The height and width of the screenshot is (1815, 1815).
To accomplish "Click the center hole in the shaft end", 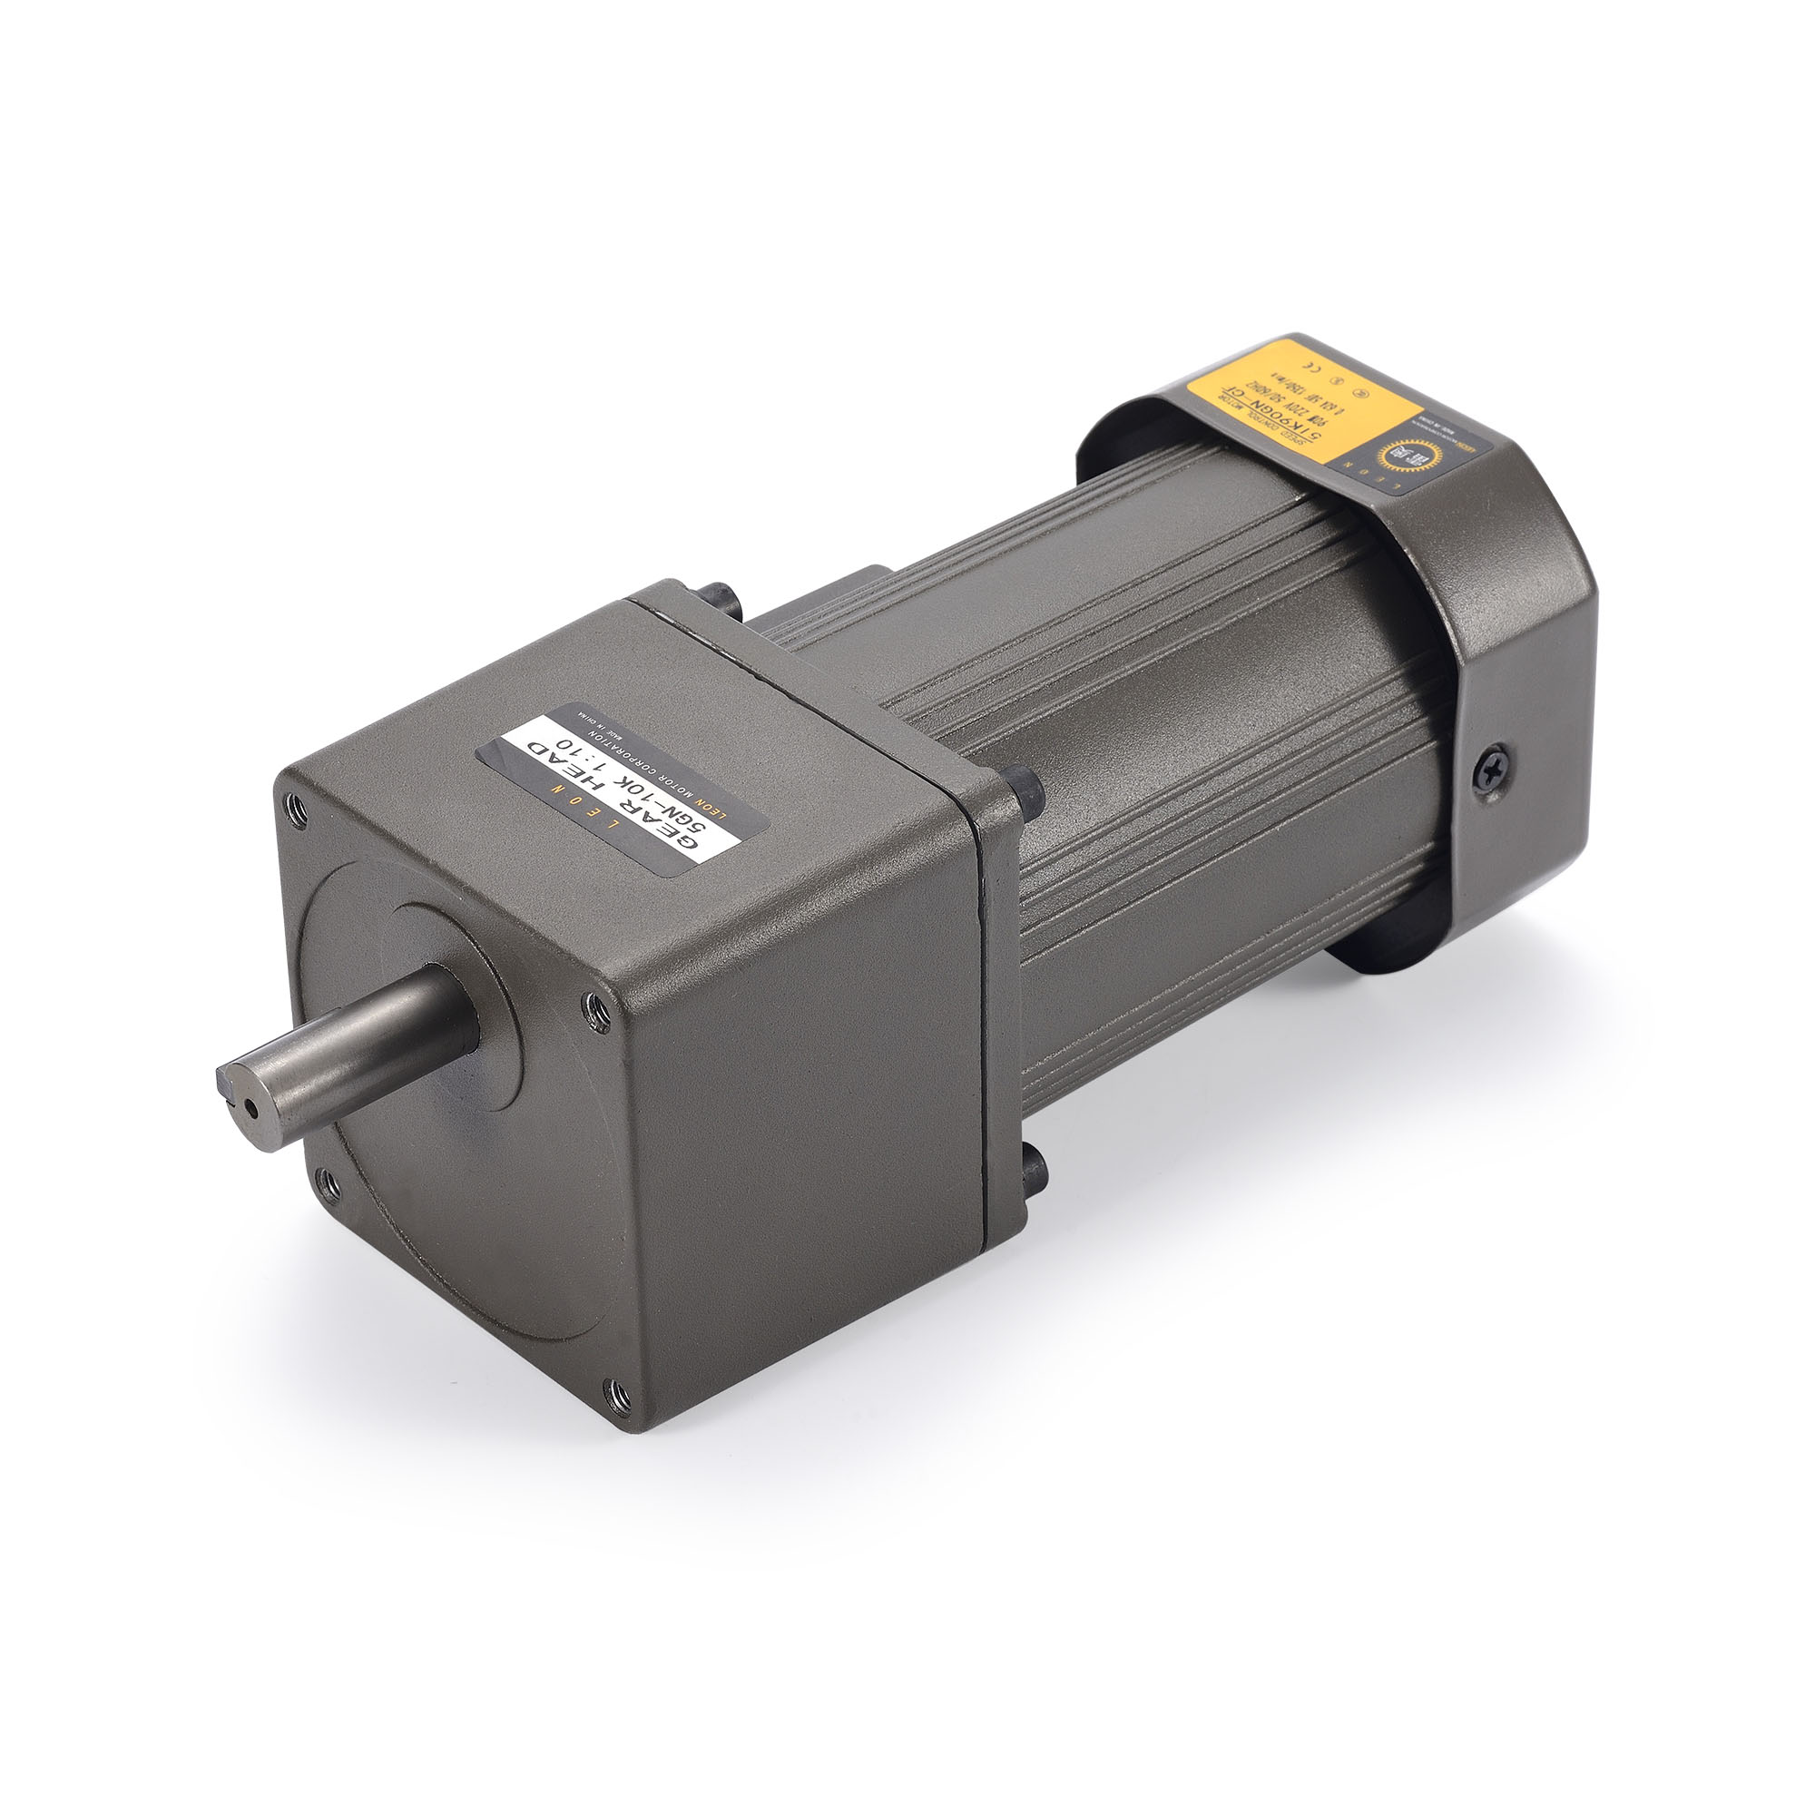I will pyautogui.click(x=250, y=1110).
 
